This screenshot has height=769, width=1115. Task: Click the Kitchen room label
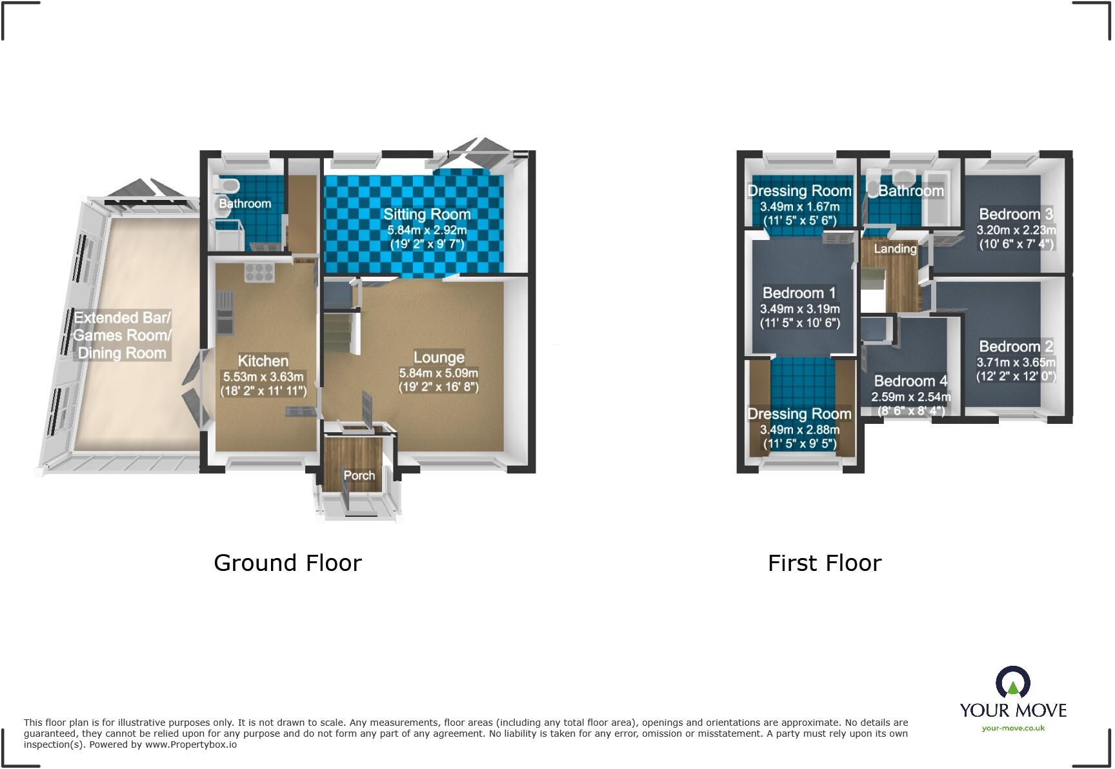pyautogui.click(x=263, y=361)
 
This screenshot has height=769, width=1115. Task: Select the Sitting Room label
pyautogui.click(x=427, y=214)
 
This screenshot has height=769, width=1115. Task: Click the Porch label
pyautogui.click(x=359, y=475)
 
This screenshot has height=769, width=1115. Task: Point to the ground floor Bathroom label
pyautogui.click(x=245, y=203)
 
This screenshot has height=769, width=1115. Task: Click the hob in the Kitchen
pyautogui.click(x=259, y=272)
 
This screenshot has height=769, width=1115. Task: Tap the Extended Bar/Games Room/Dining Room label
pyautogui.click(x=122, y=335)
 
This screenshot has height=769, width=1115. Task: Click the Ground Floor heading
pyautogui.click(x=287, y=563)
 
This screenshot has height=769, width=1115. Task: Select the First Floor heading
pyautogui.click(x=824, y=563)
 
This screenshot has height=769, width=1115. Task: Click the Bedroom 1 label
pyautogui.click(x=799, y=293)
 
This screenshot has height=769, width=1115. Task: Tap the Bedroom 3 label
pyautogui.click(x=1016, y=214)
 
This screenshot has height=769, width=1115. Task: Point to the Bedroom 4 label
pyautogui.click(x=910, y=381)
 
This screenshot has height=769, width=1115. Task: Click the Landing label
pyautogui.click(x=895, y=248)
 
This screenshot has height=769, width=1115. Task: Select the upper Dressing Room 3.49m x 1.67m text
pyautogui.click(x=799, y=206)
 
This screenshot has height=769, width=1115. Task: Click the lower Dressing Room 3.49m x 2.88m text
pyautogui.click(x=799, y=430)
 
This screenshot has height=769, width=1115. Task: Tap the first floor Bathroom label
pyautogui.click(x=910, y=191)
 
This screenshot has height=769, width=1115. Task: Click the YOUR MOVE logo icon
pyautogui.click(x=1012, y=683)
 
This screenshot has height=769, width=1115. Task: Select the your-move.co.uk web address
pyautogui.click(x=1013, y=728)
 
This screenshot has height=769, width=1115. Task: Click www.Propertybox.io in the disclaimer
pyautogui.click(x=190, y=744)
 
